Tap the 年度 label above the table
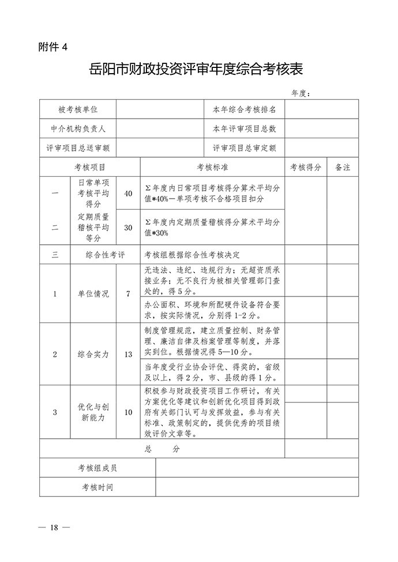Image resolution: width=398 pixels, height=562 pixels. pyautogui.click(x=301, y=93)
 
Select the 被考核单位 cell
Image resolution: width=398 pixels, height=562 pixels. pyautogui.click(x=78, y=109)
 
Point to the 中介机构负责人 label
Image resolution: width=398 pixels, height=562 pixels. pyautogui.click(x=78, y=128)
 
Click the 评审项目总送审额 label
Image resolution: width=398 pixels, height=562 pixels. pyautogui.click(x=78, y=148)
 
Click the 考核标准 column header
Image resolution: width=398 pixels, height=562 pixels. pyautogui.click(x=212, y=167)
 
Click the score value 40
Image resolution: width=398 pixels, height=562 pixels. pyautogui.click(x=128, y=193)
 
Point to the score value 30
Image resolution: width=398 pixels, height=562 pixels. pyautogui.click(x=128, y=227)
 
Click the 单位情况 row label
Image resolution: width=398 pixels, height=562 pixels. pyautogui.click(x=93, y=293)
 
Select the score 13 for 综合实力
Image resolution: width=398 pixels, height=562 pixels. pyautogui.click(x=128, y=354)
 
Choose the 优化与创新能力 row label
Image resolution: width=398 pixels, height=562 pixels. pyautogui.click(x=93, y=412)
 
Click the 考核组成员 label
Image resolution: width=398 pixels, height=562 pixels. pyautogui.click(x=97, y=468)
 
